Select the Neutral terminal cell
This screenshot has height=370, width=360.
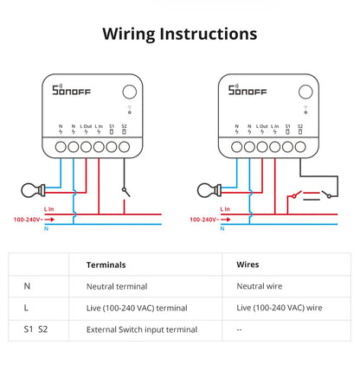pyautogui.click(x=118, y=285)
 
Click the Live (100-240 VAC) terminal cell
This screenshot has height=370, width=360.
pyautogui.click(x=137, y=307)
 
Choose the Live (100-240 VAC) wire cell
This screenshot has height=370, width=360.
pyautogui.click(x=279, y=307)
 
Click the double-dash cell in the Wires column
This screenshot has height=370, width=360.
pyautogui.click(x=240, y=329)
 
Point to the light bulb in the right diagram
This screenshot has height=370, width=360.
pyautogui.click(x=207, y=188)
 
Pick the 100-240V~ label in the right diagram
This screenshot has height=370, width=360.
pyautogui.click(x=201, y=220)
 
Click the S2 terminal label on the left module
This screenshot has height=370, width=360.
pyautogui.click(x=125, y=128)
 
